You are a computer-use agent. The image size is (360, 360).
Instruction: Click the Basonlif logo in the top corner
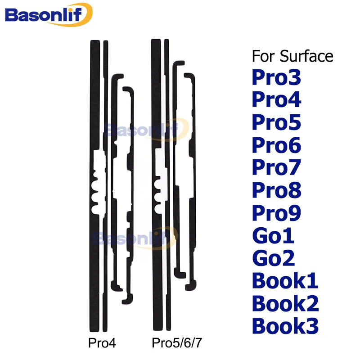[x=49, y=14]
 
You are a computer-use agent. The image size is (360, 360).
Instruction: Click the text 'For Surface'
[x=292, y=56]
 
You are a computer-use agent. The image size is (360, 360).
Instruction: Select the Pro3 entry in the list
[x=276, y=77]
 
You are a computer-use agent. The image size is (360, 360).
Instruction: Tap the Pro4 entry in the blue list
[x=276, y=99]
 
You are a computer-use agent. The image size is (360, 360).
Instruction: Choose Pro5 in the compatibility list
[x=276, y=122]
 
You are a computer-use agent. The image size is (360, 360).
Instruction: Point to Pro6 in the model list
[x=276, y=145]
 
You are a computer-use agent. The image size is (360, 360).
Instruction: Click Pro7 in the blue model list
[x=276, y=167]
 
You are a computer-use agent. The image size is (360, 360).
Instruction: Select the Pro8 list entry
[x=276, y=190]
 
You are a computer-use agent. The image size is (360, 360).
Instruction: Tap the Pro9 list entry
[x=276, y=213]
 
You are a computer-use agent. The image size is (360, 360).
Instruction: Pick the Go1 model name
[x=273, y=235]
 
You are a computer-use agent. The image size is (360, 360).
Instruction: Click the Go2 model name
[x=274, y=258]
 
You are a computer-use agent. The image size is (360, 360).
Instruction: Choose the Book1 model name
[x=285, y=280]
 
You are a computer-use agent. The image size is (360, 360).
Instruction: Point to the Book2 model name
[x=285, y=303]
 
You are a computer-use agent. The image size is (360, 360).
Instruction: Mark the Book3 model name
[x=285, y=325]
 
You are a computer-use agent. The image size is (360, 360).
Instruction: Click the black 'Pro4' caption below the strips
[x=102, y=343]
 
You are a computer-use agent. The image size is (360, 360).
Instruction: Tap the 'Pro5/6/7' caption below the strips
[x=177, y=343]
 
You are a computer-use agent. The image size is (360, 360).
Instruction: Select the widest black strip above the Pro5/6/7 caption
[x=157, y=92]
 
